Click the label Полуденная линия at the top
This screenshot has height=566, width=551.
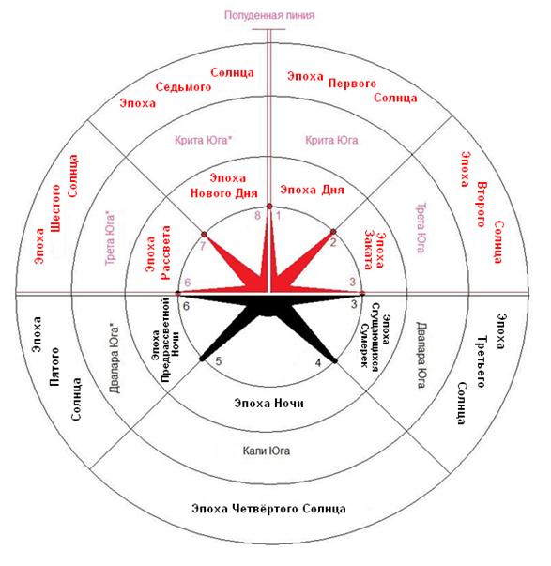pos(269,15)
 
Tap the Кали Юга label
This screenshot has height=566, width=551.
pos(266,451)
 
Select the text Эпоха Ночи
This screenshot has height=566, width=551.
pos(268,403)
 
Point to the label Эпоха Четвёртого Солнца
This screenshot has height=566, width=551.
pos(268,509)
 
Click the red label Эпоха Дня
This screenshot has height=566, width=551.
pos(312,190)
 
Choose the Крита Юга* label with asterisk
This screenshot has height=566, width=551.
pos(203,140)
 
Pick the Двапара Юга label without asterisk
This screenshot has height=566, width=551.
pos(421,355)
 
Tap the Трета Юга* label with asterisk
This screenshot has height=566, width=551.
pos(110,238)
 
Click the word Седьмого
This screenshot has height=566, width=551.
pos(183,86)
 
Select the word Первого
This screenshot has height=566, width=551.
pos(352,84)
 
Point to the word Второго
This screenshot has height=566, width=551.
pos(482,205)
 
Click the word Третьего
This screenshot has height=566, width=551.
pos(482,361)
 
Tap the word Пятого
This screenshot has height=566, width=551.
pos(54,367)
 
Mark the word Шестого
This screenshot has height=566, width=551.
pos(55,208)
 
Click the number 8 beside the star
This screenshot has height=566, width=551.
pos(257,216)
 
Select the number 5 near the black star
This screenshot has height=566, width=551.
pos(219,361)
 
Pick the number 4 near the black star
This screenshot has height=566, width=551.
pos(318,362)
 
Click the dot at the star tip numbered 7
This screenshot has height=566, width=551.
pos(205,235)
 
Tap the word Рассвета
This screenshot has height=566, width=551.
pos(165,252)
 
